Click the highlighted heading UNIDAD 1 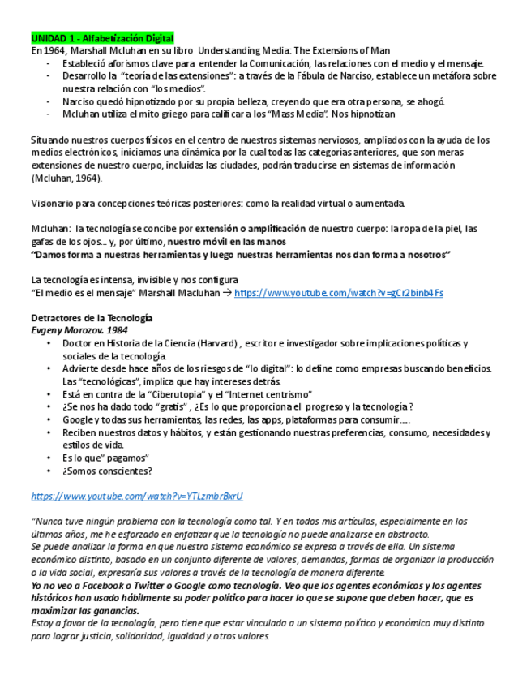102,38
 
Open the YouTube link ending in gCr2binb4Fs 338,293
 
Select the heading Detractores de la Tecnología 91,318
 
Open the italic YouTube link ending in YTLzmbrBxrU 137,496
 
